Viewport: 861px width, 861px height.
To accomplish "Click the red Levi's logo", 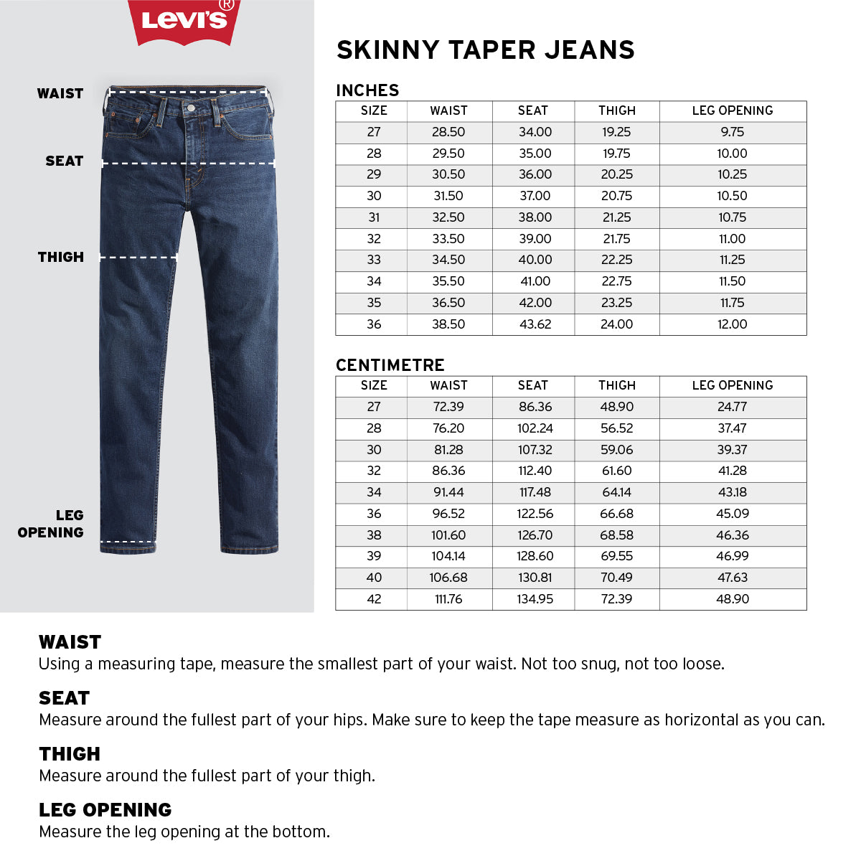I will (x=184, y=21).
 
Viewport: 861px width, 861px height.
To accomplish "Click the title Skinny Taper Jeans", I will (x=486, y=50).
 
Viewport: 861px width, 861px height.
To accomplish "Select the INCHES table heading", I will (x=367, y=90).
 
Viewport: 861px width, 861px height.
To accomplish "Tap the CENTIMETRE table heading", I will (x=390, y=365).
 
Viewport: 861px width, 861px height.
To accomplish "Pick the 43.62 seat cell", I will (x=535, y=324).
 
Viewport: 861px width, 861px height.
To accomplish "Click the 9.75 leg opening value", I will (x=733, y=132).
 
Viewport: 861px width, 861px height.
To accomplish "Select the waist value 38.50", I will (x=448, y=324).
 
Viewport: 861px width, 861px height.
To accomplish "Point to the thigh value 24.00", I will (x=617, y=324).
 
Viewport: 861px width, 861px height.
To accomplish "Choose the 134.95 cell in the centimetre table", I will (x=535, y=599).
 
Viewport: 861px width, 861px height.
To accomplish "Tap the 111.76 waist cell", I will (x=448, y=599).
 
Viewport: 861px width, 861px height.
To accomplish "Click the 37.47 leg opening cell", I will (x=733, y=428).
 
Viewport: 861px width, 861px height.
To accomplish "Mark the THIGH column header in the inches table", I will (x=617, y=110).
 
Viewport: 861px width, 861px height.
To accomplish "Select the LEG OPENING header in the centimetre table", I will (x=733, y=385).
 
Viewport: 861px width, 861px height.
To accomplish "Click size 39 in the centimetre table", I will (x=374, y=556).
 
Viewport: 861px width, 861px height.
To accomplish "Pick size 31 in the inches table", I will (x=374, y=217).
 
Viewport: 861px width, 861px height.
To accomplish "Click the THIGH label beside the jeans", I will (x=61, y=257).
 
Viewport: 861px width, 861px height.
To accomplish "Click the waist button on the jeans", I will (x=191, y=108).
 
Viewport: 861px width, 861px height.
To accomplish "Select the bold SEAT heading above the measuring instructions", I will (x=65, y=698).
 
